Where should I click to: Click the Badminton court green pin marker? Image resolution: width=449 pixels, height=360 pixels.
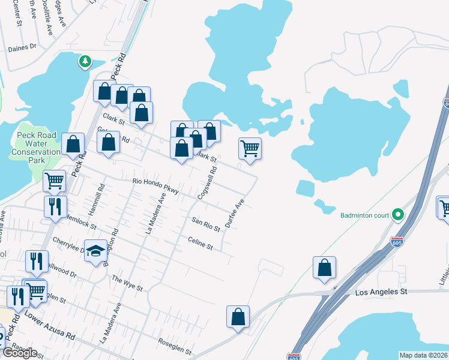[397, 214]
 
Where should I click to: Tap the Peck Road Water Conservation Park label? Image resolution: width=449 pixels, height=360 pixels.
[37, 148]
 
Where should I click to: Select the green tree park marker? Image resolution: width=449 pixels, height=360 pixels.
[85, 61]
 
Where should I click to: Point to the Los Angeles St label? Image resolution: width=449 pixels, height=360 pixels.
[381, 292]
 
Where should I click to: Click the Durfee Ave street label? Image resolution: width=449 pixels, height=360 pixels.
[235, 213]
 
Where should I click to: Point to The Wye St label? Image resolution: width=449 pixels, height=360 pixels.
[127, 283]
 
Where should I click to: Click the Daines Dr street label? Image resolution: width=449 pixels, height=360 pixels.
[22, 46]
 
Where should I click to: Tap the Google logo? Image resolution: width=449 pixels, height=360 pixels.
[19, 353]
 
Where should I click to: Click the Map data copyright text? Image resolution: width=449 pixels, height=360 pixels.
[423, 355]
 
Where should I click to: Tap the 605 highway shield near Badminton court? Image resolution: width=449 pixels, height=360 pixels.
[397, 242]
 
